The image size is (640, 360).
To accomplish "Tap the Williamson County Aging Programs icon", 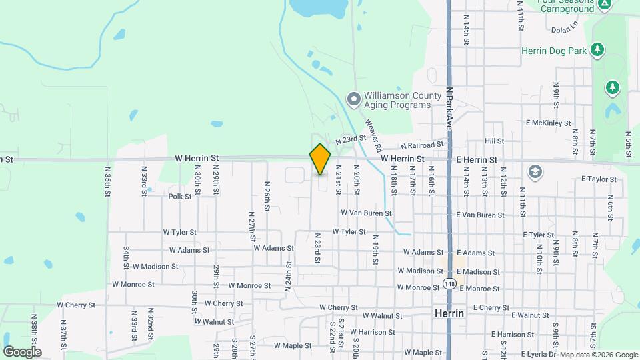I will (353, 100).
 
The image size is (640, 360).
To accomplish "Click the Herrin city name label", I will (449, 313).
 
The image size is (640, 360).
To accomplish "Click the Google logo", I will (22, 352).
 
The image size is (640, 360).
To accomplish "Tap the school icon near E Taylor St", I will (534, 173).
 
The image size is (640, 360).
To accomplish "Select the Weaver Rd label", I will (373, 134).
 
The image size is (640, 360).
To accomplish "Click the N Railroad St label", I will (422, 145).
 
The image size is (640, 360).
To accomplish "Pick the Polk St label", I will (180, 196).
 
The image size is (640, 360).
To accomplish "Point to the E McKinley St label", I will (548, 123).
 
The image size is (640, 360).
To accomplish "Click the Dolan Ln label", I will (565, 30).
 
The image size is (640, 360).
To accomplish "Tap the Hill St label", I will (494, 141).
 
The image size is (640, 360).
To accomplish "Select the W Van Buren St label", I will (366, 213).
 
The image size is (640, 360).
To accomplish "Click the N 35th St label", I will (108, 181).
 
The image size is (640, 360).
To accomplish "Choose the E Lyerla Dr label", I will (527, 353).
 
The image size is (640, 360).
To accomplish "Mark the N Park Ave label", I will (450, 107).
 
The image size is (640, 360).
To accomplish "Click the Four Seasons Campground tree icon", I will (604, 5).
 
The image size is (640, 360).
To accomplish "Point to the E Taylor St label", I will (600, 179).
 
